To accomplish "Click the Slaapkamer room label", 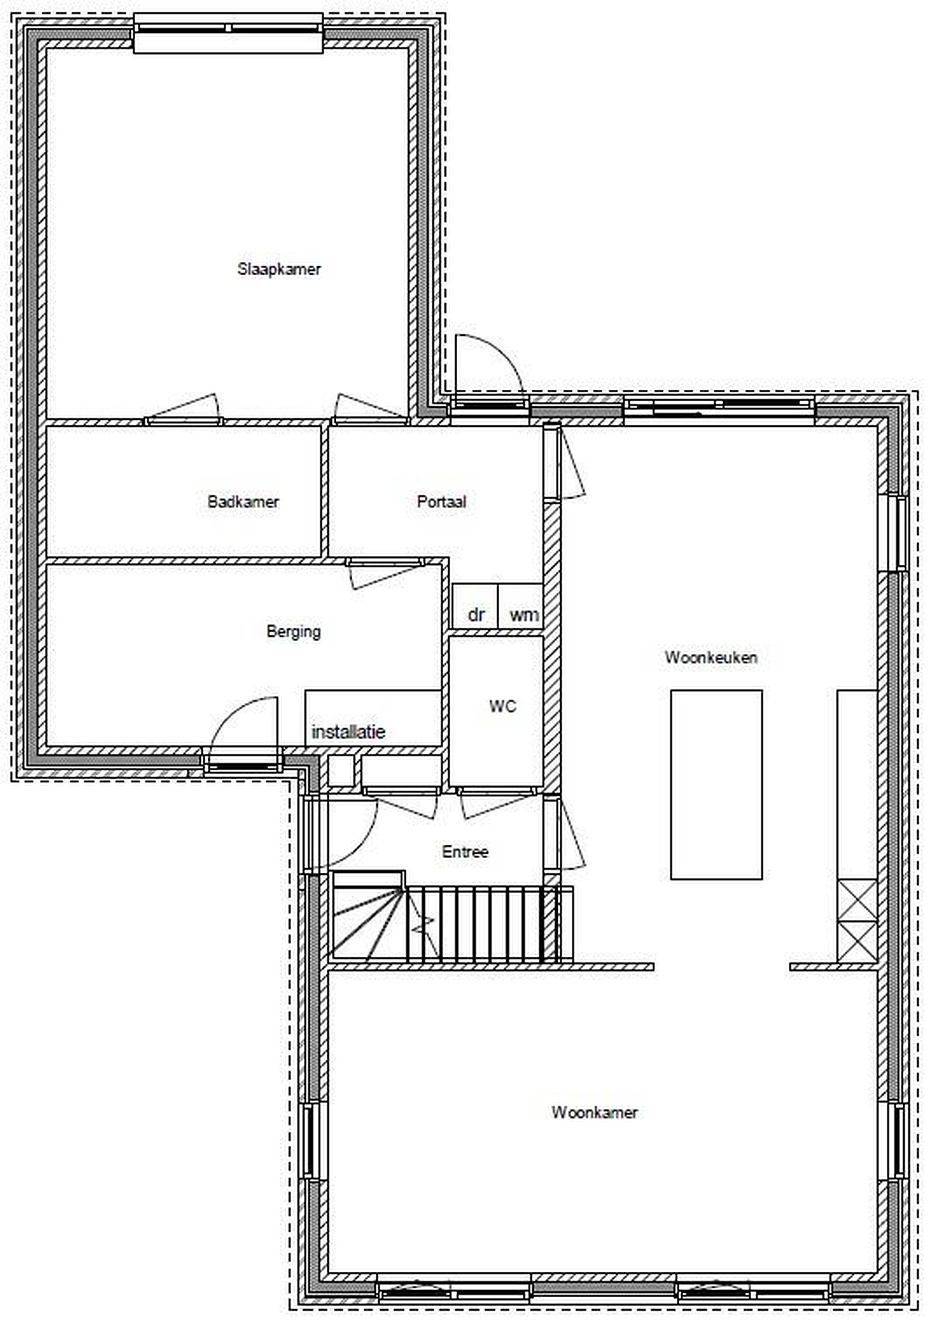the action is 278,269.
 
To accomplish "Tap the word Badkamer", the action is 243,501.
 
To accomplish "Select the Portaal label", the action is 441,501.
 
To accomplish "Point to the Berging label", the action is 293,631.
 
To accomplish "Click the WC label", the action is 502,706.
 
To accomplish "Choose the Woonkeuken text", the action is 711,658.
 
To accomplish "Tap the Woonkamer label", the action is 594,1112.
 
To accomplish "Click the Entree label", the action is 465,852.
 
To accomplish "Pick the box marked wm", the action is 520,606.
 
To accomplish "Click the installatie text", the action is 348,731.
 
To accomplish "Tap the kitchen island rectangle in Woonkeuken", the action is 716,785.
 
